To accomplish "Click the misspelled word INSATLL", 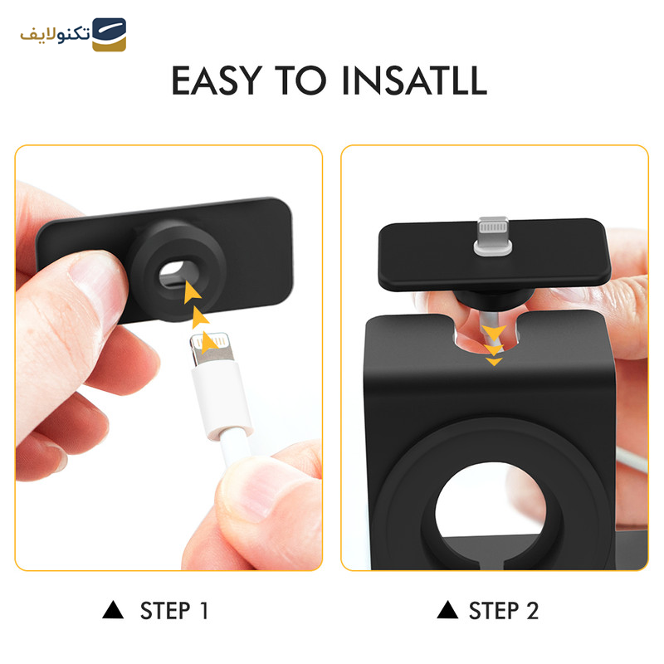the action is [x=414, y=80].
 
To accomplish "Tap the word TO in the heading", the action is [x=300, y=80].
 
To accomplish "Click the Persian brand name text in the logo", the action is [x=55, y=35].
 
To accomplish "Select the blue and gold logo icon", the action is [x=110, y=34].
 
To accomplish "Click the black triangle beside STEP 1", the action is [x=113, y=610].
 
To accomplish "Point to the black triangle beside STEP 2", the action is [x=447, y=610].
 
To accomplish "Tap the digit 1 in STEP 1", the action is [x=204, y=611].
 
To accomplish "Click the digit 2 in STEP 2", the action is [x=532, y=611].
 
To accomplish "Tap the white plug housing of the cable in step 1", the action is [x=221, y=398].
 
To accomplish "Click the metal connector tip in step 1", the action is [x=212, y=348].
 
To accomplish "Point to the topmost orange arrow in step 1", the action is [x=192, y=292].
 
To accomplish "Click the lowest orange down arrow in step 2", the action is [x=494, y=362].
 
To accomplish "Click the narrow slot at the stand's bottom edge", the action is [x=491, y=565].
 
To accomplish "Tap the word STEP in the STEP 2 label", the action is [x=494, y=611].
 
